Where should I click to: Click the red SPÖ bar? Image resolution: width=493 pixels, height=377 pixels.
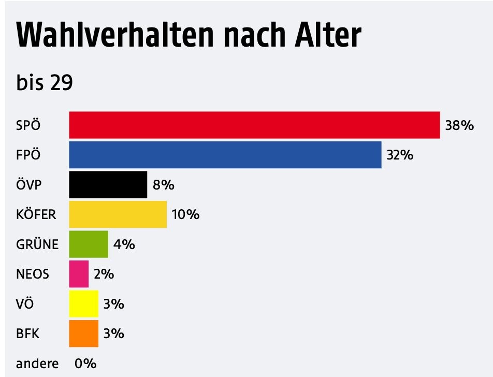254,125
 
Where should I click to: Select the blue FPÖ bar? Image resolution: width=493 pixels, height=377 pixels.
225,154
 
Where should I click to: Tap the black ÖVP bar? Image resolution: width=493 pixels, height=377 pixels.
108,184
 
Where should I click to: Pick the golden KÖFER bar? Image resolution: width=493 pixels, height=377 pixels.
118,214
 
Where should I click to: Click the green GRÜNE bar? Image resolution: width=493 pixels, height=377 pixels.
89,244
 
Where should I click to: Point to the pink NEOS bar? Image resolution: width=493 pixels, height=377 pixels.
79,274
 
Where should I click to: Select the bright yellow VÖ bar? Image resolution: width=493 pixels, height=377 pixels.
84,303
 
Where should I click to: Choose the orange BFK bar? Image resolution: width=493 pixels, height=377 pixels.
84,334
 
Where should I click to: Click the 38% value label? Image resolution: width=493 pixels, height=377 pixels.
459,125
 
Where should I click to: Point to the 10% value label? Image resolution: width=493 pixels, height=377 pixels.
185,214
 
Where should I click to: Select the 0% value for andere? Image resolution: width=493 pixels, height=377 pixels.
85,364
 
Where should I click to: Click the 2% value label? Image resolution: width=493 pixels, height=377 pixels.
104,274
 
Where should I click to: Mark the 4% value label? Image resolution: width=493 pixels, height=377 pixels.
124,244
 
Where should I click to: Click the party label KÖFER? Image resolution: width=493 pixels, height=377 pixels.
36,214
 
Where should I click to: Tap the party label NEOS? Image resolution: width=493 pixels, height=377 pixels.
33,274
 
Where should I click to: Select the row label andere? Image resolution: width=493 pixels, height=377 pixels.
37,364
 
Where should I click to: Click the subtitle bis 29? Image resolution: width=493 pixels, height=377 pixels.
45,82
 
